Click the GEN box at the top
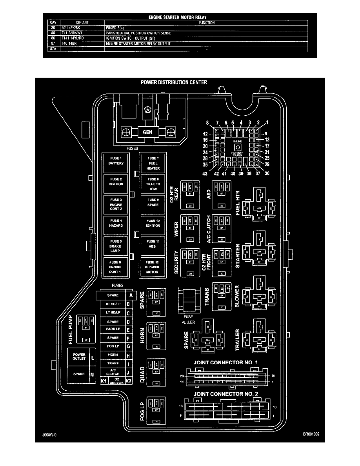[x=148, y=133]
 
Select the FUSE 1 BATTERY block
[x=116, y=161]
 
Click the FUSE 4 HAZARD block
[x=116, y=224]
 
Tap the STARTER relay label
[x=238, y=256]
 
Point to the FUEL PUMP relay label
[x=70, y=329]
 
